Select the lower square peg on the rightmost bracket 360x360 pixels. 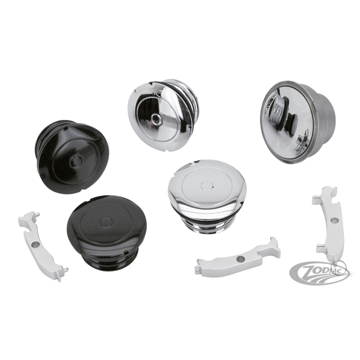click(321, 248)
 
